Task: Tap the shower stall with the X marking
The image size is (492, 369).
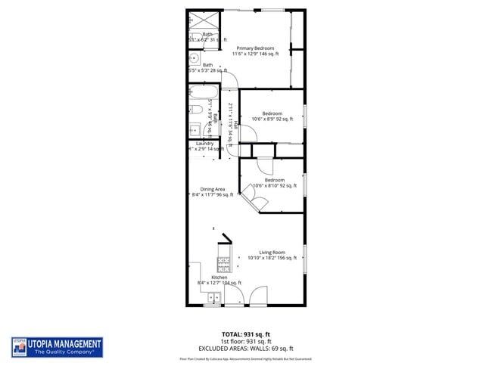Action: [202, 21]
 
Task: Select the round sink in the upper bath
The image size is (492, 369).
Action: [194, 57]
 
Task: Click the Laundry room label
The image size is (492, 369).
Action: [204, 144]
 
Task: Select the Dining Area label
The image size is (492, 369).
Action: [213, 189]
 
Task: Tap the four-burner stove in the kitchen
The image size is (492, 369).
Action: [224, 265]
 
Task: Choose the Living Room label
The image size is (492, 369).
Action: [272, 252]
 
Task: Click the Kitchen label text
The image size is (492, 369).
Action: [219, 278]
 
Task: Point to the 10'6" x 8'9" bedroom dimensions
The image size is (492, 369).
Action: [272, 119]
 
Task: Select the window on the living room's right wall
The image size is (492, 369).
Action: [305, 259]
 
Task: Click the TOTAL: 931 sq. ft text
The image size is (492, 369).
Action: [245, 333]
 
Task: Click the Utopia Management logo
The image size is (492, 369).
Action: [58, 347]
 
